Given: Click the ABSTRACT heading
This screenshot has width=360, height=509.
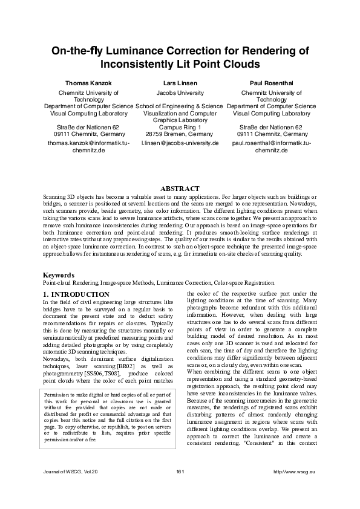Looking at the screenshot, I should (x=180, y=188).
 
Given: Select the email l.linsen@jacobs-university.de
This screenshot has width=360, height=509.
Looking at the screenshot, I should (x=180, y=143).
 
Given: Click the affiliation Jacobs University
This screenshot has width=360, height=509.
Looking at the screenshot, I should (x=180, y=93).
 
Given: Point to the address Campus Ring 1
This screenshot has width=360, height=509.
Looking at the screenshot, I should (x=180, y=127).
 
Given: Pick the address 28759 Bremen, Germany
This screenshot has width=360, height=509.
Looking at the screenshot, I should (x=180, y=134).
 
